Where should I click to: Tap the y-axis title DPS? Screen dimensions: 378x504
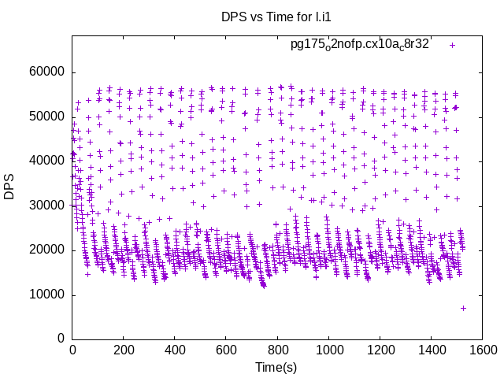click(x=9, y=186)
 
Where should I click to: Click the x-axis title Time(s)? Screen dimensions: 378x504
click(x=276, y=367)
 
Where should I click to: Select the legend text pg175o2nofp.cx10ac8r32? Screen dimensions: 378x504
click(x=360, y=45)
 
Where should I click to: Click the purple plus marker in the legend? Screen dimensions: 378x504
click(x=452, y=45)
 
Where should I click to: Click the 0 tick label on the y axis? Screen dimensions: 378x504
click(x=61, y=339)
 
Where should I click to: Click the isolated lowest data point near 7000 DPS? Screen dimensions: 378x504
click(x=463, y=308)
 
